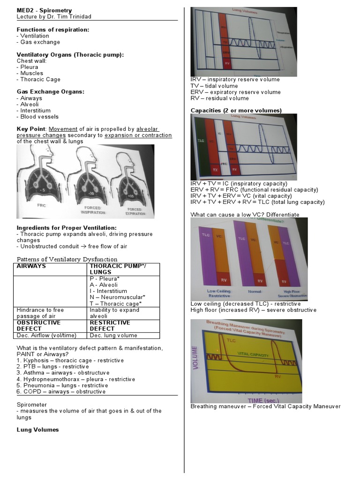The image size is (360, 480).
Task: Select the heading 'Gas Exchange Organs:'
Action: (x=50, y=92)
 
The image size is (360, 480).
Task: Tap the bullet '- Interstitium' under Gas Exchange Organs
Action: (x=33, y=111)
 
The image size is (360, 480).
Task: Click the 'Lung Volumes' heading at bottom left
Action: (x=37, y=429)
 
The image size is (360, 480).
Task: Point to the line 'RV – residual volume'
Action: (x=219, y=98)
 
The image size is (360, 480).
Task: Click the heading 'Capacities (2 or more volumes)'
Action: (x=236, y=111)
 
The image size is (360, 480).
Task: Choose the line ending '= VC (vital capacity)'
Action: (x=241, y=196)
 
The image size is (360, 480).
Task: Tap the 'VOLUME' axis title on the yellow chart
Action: (x=195, y=358)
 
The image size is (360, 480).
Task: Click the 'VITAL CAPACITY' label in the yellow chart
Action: (x=253, y=355)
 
